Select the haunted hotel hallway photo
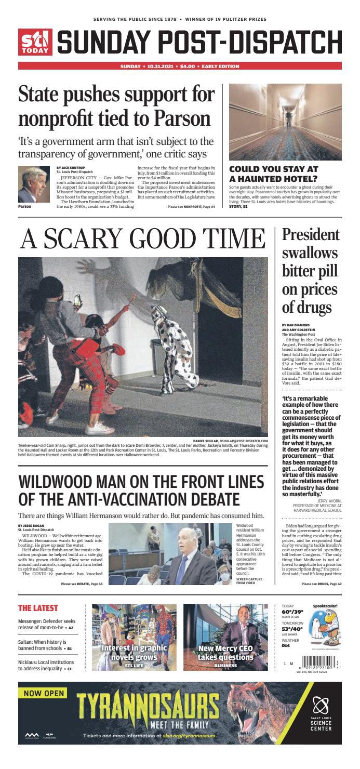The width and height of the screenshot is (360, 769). (285, 122)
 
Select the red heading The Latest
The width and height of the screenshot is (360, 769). (38, 608)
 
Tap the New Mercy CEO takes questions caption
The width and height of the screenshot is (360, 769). (225, 653)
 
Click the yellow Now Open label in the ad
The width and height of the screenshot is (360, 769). (44, 693)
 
